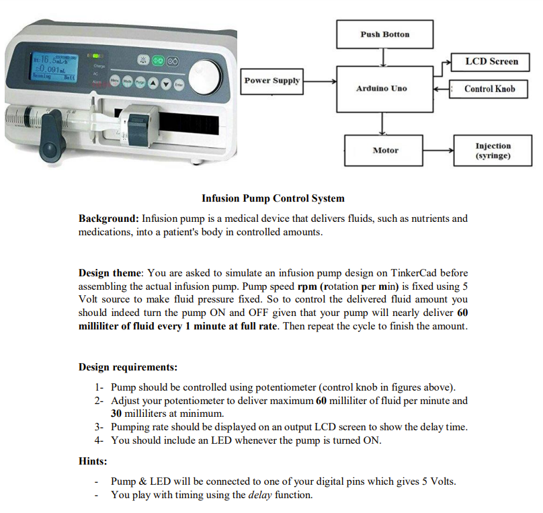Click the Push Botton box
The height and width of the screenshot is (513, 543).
click(384, 34)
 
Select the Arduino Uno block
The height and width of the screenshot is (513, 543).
click(381, 88)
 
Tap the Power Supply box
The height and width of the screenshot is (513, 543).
click(271, 81)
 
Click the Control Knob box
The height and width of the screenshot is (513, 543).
click(490, 89)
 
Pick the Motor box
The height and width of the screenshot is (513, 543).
click(385, 151)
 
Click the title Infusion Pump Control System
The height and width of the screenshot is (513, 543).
click(273, 198)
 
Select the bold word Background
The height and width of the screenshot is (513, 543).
click(108, 219)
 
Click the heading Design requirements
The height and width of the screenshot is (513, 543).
click(128, 367)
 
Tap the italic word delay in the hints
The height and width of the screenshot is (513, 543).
click(261, 495)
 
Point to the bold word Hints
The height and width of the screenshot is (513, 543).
click(93, 462)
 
